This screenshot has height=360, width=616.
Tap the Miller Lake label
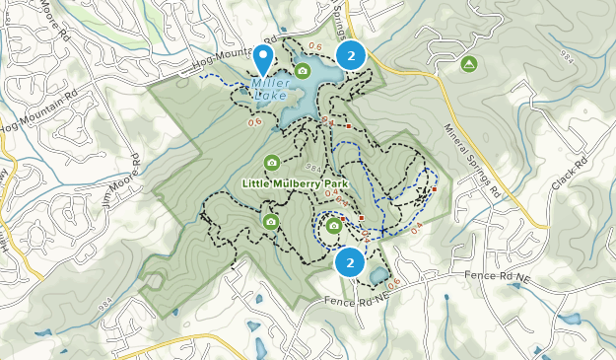pos(269,90)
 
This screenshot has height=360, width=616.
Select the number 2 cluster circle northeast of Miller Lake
pos(351,55)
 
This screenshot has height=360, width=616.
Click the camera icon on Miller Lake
pos(304,71)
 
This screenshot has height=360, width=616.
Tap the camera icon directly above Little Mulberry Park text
pos(271,163)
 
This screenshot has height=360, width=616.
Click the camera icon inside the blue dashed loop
pos(333,226)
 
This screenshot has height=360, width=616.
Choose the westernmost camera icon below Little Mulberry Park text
pos(270,222)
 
